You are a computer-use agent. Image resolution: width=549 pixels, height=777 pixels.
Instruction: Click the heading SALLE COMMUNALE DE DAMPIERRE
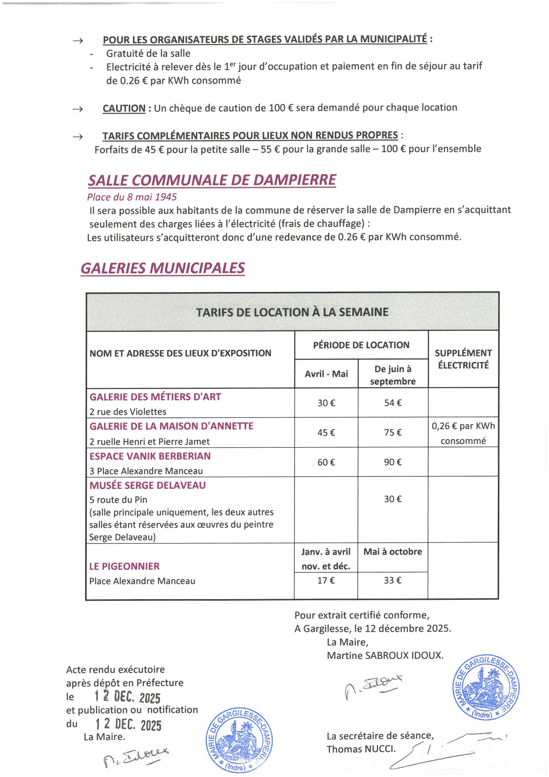click(x=212, y=180)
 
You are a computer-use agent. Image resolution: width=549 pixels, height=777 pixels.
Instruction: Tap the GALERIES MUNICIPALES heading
click(x=163, y=268)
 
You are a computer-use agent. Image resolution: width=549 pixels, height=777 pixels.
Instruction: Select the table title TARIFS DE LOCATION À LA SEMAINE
click(x=292, y=312)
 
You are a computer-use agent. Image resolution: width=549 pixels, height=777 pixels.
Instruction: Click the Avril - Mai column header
click(x=326, y=374)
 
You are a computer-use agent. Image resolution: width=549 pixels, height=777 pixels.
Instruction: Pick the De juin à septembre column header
click(x=393, y=375)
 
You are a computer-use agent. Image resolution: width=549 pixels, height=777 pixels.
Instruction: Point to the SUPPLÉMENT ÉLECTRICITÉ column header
click(x=463, y=359)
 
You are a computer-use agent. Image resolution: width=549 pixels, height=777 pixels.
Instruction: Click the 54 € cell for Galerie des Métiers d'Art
click(x=393, y=403)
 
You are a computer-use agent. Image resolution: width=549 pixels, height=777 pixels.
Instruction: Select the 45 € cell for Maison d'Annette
click(x=326, y=433)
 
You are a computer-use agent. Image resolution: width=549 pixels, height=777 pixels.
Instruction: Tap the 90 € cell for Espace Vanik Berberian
click(x=393, y=462)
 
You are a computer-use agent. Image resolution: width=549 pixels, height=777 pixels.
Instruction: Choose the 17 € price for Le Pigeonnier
click(x=326, y=580)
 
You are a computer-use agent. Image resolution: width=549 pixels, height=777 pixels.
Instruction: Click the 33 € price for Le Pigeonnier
click(x=393, y=580)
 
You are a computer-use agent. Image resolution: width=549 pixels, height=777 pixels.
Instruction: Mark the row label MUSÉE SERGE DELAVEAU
click(x=147, y=485)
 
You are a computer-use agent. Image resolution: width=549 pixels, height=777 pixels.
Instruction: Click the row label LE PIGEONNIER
click(x=124, y=566)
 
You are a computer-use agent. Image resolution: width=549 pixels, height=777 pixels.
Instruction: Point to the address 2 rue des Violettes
click(x=128, y=412)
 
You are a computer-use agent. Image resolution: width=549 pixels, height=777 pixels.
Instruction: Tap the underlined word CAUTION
click(x=124, y=109)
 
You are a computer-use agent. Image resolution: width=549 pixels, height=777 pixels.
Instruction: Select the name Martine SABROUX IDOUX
click(x=385, y=655)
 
